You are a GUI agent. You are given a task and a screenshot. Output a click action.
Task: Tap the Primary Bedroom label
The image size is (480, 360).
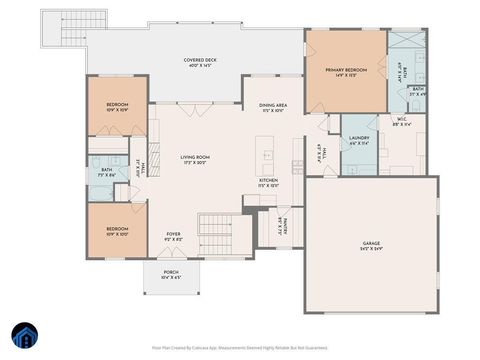pyautogui.click(x=345, y=72)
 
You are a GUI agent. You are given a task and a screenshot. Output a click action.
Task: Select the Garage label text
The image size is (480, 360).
pyautogui.click(x=371, y=245)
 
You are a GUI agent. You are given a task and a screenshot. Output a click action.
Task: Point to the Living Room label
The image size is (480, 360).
pyautogui.click(x=194, y=159)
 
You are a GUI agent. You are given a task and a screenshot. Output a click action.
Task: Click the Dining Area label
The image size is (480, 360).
pyautogui.click(x=273, y=107)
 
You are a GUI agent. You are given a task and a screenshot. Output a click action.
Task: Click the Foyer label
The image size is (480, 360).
pyautogui.click(x=174, y=237)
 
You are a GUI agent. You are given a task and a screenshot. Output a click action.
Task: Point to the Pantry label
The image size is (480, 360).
pyautogui.click(x=283, y=225)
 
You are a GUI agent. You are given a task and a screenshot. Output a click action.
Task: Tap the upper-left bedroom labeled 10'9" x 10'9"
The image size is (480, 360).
pyautogui.click(x=116, y=106)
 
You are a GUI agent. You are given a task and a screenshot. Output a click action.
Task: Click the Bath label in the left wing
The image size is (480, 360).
pyautogui.click(x=106, y=172)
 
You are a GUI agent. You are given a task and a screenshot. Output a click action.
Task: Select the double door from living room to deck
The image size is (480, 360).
pyautogui.click(x=194, y=102)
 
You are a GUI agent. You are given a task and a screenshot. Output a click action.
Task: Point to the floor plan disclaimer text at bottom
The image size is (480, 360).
pyautogui.click(x=239, y=349)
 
